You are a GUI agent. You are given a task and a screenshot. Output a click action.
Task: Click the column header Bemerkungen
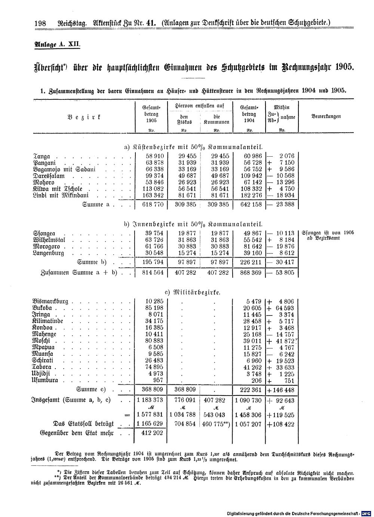click(326, 117)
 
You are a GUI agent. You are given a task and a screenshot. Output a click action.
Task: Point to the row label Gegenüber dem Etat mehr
click(76, 433)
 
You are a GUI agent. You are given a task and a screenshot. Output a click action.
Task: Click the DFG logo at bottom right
click(368, 514)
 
